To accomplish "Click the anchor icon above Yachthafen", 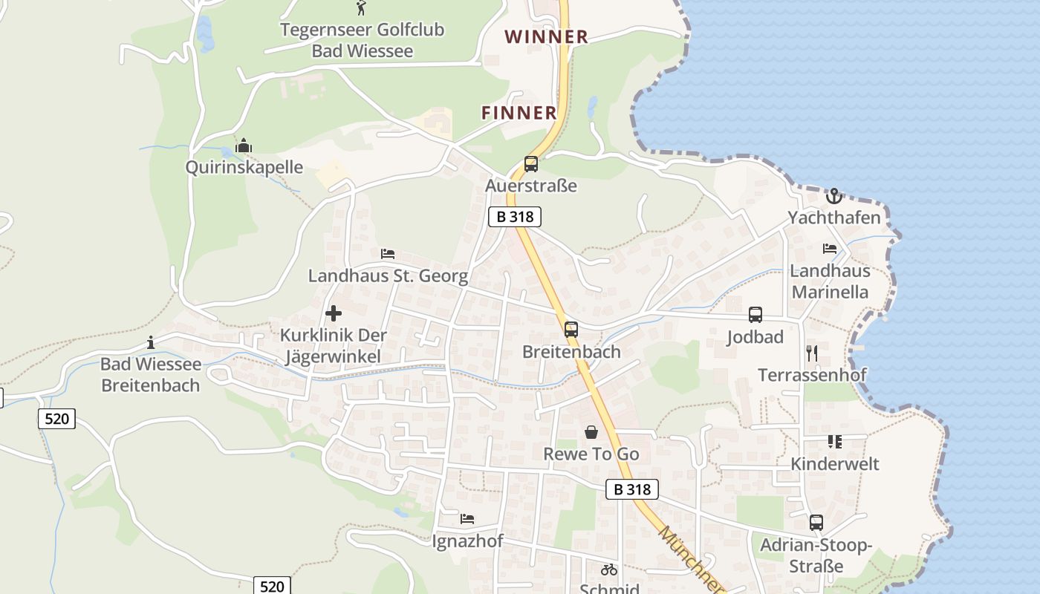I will point(834,196).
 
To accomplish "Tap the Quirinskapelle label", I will point(244,167).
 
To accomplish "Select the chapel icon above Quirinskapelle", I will point(244,146).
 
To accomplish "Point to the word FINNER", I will point(519,113).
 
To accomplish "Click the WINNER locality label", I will point(546,36).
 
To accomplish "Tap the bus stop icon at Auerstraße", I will point(531,164).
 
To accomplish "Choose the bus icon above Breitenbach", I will point(571,330).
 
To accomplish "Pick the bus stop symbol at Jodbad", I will point(755,315).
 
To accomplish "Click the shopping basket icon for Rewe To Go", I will point(591,431).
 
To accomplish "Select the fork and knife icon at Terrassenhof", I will point(812,353).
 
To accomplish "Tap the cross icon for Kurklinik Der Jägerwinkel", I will point(334,313).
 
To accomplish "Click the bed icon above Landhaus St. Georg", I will point(388,254).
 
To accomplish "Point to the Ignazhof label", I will point(467,541).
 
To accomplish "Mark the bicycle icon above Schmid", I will point(609,570).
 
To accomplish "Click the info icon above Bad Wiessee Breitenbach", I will point(151,342).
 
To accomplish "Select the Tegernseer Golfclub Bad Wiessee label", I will point(362,40).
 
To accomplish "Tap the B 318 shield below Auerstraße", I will point(515,217).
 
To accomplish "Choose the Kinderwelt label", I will point(834,464).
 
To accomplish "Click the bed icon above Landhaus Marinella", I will point(830,249).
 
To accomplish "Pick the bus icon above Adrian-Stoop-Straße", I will point(816,523).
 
